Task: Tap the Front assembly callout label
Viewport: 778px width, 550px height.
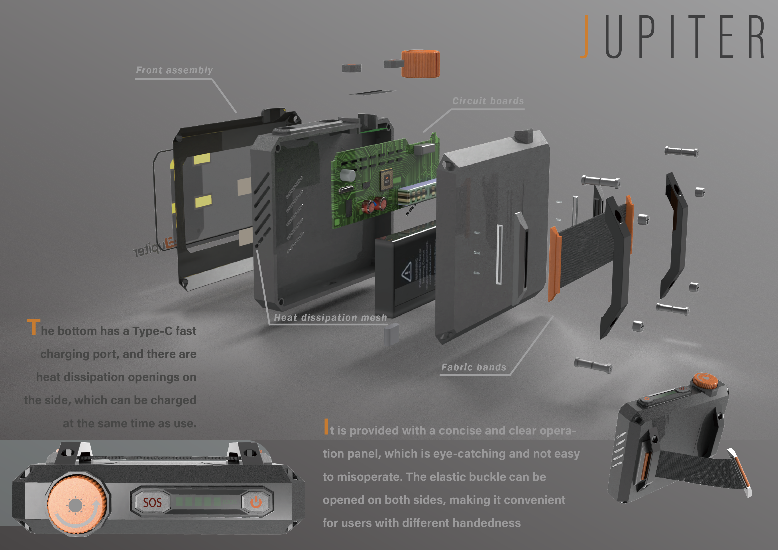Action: point(174,70)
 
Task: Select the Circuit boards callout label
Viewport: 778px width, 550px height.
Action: point(488,101)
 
